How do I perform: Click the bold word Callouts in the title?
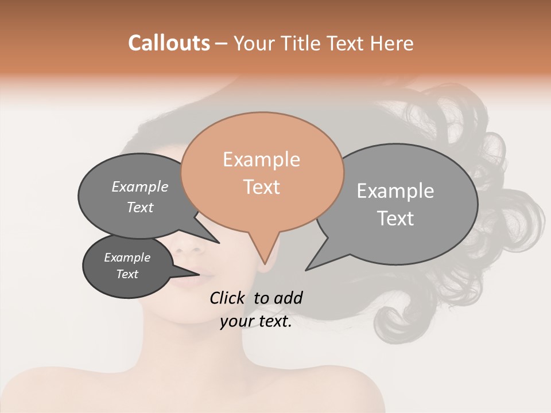pos(169,43)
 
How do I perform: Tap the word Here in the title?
pos(390,44)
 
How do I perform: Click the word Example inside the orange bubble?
pos(261,159)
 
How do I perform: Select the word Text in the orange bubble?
pos(262,187)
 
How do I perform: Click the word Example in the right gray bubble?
pos(395,191)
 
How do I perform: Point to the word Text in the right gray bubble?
pos(396,218)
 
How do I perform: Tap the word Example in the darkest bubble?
pos(127,258)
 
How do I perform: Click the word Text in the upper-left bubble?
pos(140,207)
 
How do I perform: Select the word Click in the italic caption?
pos(228,297)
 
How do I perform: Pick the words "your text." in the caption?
pos(256,322)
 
